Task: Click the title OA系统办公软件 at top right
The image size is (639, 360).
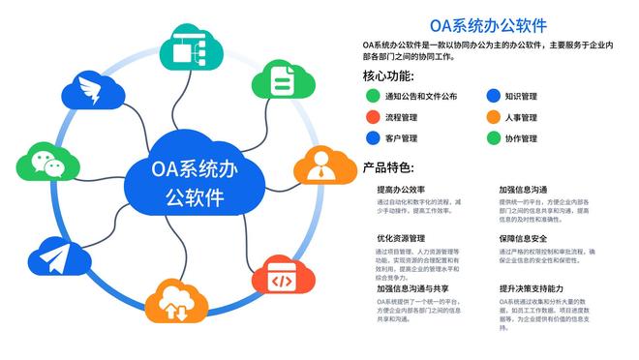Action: point(488,24)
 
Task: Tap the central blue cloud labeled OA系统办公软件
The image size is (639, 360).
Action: point(195,181)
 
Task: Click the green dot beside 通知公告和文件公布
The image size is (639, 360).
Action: point(372,97)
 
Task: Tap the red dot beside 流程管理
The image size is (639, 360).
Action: point(372,118)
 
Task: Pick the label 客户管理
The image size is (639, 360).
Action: point(401,139)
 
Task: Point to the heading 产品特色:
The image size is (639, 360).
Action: point(388,166)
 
